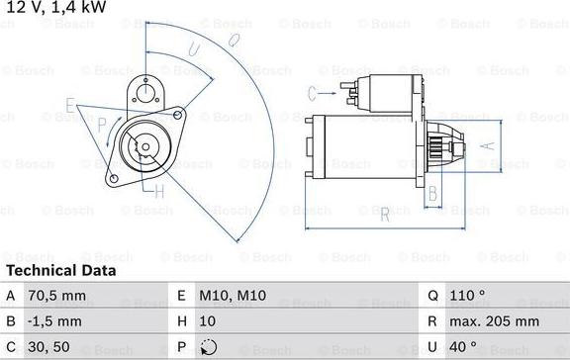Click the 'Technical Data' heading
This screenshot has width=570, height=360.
pos(60,270)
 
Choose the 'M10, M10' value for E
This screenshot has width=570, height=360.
pos(235,294)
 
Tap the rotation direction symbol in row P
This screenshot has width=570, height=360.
pos(208,347)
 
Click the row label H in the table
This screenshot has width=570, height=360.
pos(181,320)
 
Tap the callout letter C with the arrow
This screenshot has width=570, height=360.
pos(312,93)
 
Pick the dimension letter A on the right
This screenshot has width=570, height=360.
pos(487,143)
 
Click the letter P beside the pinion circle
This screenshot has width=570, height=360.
pos(102,125)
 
